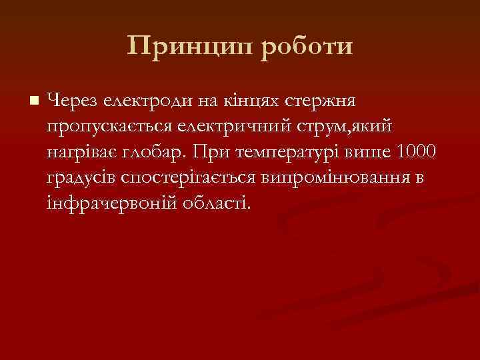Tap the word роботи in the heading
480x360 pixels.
coord(304,47)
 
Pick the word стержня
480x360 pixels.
coord(322,101)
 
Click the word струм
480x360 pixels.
coord(334,126)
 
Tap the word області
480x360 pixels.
coord(217,202)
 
